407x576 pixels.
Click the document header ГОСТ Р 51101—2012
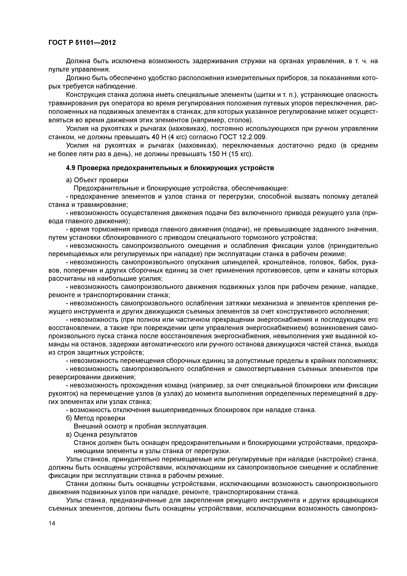[x=82, y=43]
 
